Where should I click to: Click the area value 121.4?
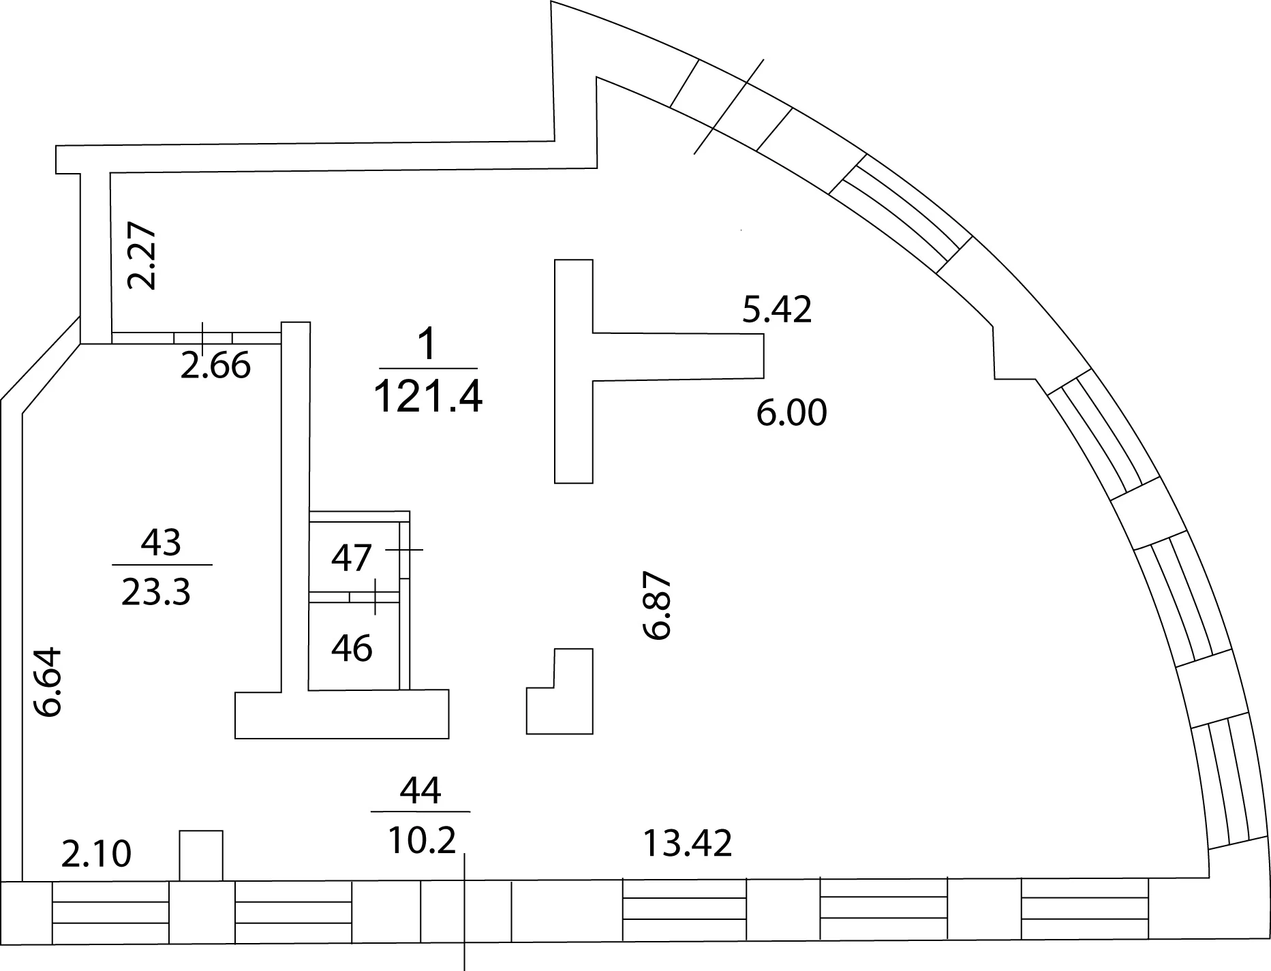click(x=429, y=397)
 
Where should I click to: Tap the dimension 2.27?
click(x=143, y=256)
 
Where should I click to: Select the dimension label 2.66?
click(x=216, y=366)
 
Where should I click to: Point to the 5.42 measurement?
click(x=777, y=309)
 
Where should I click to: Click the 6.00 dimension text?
click(x=792, y=413)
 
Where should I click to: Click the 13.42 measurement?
click(x=688, y=844)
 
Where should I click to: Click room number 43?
click(x=162, y=543)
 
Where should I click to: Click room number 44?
click(x=420, y=790)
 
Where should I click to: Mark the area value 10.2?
click(x=422, y=842)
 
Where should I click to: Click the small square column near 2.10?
click(x=201, y=855)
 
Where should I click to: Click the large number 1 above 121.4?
click(x=427, y=345)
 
